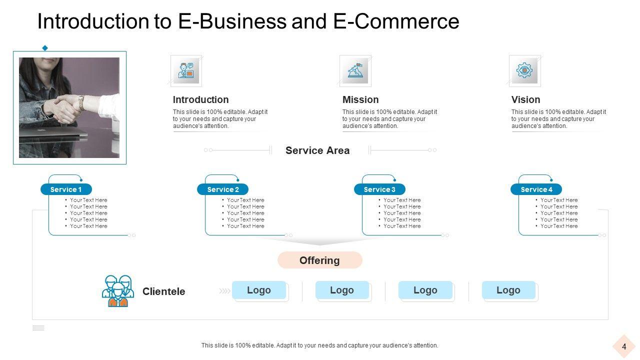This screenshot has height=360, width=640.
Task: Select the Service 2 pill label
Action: click(x=223, y=189)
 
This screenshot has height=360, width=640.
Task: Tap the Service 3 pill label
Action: click(x=379, y=189)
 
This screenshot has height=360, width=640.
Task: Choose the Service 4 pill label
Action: click(x=536, y=189)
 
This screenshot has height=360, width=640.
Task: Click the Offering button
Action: click(x=319, y=260)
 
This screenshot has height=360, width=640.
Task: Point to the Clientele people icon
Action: click(x=118, y=291)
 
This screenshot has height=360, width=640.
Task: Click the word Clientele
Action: click(x=163, y=291)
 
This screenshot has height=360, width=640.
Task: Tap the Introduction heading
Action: click(x=200, y=99)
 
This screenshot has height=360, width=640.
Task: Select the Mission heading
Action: click(x=360, y=99)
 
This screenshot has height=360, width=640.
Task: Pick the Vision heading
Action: click(x=525, y=99)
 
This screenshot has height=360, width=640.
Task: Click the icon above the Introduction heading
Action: click(x=186, y=70)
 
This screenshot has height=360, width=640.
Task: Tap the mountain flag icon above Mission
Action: click(x=355, y=70)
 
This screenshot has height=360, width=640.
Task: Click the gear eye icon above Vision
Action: click(x=524, y=70)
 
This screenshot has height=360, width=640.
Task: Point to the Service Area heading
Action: click(x=317, y=150)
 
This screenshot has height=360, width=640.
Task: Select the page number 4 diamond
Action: click(x=624, y=346)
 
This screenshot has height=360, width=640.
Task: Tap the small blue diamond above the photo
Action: click(x=45, y=48)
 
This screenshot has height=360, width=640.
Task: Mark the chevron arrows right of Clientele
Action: click(x=224, y=290)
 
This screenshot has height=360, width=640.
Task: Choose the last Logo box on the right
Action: click(x=508, y=290)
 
